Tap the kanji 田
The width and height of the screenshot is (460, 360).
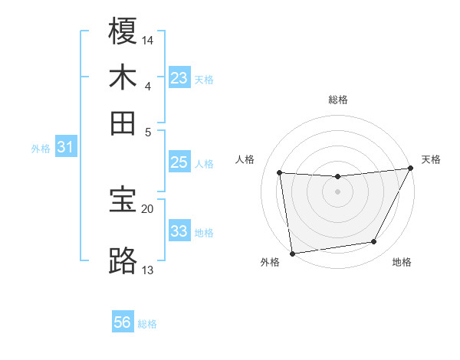pos(123,123)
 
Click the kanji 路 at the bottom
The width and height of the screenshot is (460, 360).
pos(123,260)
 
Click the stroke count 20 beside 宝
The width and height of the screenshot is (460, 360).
pos(148,208)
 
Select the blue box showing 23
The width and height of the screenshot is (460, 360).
pos(179,78)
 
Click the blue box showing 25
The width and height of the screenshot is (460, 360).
pos(179,162)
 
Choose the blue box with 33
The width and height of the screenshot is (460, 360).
pos(179,231)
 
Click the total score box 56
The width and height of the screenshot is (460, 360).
pos(123,322)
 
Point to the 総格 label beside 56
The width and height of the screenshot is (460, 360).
pos(147,324)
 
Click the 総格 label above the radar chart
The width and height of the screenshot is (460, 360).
pos(337,100)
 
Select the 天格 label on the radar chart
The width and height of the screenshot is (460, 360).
pos(431,159)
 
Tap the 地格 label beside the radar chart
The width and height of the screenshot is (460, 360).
pos(402,263)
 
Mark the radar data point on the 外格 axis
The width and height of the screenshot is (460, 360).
pos(291,253)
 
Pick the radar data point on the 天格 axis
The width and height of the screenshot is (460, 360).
pos(410,169)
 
